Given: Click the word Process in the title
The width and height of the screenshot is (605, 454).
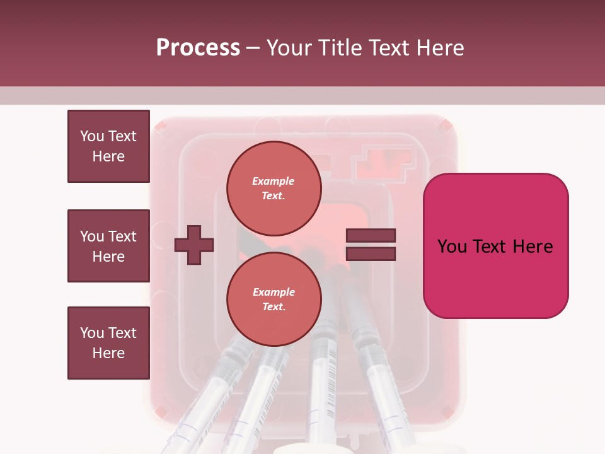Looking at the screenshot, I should pyautogui.click(x=198, y=48).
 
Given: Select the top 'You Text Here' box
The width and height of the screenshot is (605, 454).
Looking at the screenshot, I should pyautogui.click(x=108, y=146).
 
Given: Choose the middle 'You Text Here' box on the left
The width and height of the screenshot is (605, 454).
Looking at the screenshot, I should pyautogui.click(x=108, y=246).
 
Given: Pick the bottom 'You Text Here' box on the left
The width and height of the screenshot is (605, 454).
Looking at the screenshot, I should pyautogui.click(x=108, y=343).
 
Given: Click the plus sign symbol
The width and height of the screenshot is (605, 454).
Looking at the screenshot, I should pyautogui.click(x=194, y=244).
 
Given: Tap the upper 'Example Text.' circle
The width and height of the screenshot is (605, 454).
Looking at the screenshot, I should pyautogui.click(x=274, y=188).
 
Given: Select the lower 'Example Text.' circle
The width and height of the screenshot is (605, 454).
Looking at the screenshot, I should pyautogui.click(x=274, y=299).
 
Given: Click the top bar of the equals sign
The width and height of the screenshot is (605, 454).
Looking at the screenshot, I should pyautogui.click(x=371, y=236).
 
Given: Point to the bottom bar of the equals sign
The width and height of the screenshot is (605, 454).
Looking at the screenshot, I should pyautogui.click(x=371, y=253).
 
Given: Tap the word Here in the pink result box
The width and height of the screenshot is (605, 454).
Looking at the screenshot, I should pyautogui.click(x=533, y=247).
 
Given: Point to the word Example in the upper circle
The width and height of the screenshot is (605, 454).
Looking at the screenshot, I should pyautogui.click(x=273, y=181).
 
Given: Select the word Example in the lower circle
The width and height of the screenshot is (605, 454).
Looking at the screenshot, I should pyautogui.click(x=274, y=292).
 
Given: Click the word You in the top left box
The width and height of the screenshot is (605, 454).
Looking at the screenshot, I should pyautogui.click(x=91, y=136).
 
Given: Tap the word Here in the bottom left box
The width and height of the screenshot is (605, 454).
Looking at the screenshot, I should pyautogui.click(x=108, y=353).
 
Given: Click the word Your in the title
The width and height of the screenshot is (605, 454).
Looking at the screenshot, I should pyautogui.click(x=290, y=48).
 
